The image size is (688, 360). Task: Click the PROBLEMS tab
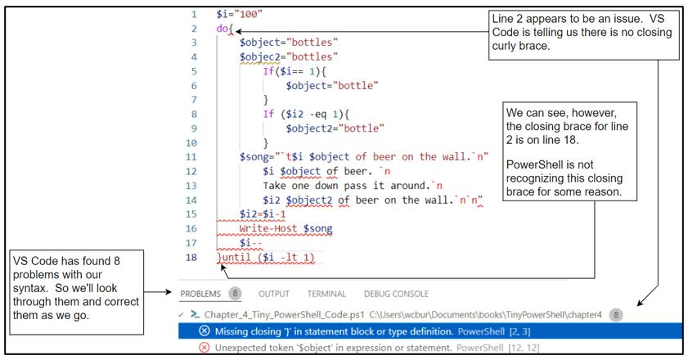200,294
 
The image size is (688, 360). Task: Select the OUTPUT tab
274,294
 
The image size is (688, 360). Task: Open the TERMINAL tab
327,294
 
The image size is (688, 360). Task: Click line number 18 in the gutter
192,258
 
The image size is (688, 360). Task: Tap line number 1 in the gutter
194,15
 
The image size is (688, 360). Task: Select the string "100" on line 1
246,15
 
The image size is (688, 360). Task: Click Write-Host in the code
276,229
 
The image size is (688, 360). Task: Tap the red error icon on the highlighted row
205,331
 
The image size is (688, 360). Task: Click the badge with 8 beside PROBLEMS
235,294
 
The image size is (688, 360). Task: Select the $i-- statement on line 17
251,243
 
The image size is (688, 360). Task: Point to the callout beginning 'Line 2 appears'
582,33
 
